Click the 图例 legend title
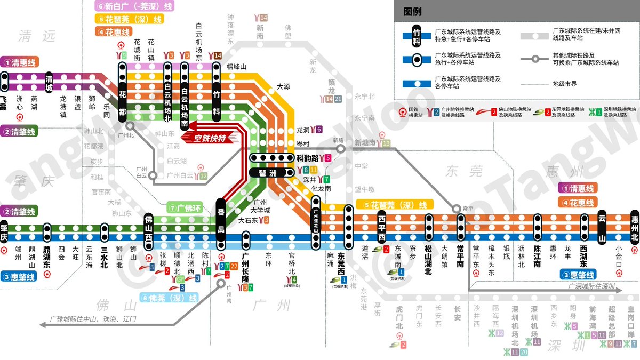click(x=412, y=11)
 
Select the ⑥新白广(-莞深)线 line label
click(x=134, y=6)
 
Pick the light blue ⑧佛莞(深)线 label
click(x=169, y=298)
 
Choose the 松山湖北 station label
click(x=428, y=260)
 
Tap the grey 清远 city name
click(x=36, y=36)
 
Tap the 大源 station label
click(x=283, y=86)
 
